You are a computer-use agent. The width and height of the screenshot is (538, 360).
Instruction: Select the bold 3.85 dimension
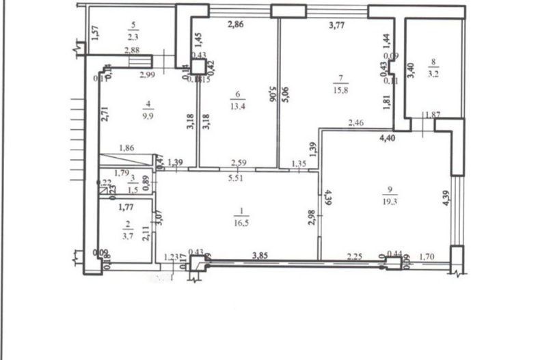(259, 255)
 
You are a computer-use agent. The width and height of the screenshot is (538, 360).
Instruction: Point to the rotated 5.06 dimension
(273, 95)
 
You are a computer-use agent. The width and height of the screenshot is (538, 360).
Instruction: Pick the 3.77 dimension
(337, 26)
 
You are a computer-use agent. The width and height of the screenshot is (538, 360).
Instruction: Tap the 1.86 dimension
(126, 148)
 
